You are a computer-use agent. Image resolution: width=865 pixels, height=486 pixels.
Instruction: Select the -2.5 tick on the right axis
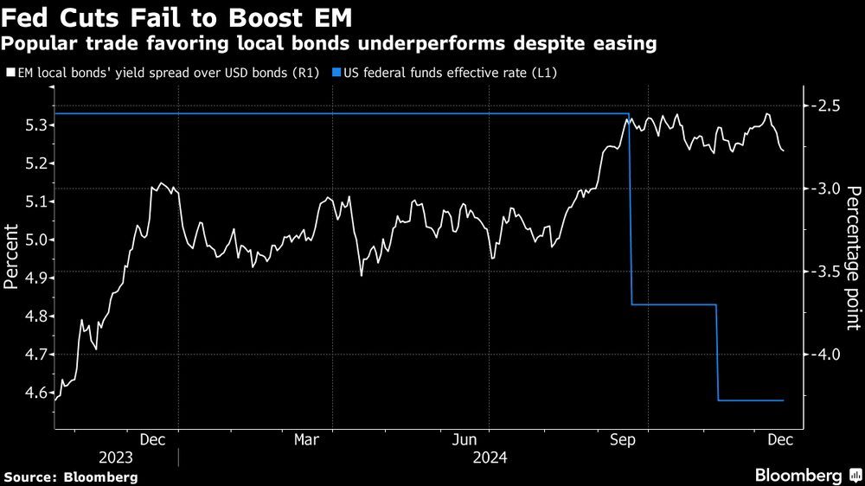[x=830, y=106]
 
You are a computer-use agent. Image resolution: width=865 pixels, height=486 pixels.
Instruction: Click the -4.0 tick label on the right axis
[x=830, y=355]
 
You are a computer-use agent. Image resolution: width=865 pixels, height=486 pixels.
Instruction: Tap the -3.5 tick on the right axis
[x=830, y=272]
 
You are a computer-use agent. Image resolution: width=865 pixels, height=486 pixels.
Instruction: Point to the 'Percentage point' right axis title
[x=853, y=259]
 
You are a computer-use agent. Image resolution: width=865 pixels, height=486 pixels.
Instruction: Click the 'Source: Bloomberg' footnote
[x=70, y=476]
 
